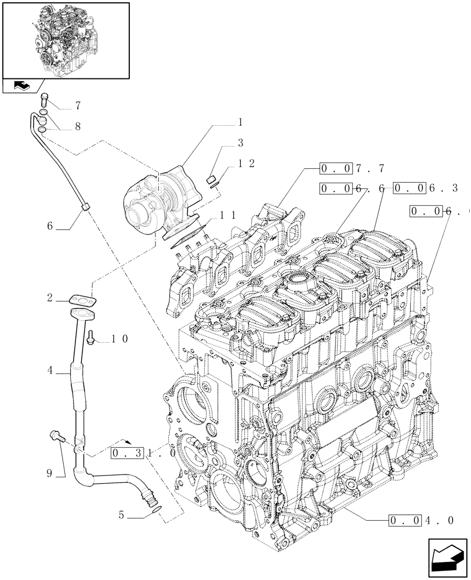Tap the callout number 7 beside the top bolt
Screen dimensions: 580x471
tap(77, 106)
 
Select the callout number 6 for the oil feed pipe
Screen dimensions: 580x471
tap(50, 227)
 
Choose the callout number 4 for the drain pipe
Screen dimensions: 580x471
tap(50, 368)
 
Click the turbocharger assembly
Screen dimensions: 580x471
tap(160, 197)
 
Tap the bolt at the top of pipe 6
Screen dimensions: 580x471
tap(45, 99)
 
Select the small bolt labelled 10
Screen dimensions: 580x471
tap(90, 338)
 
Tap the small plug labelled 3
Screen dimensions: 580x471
tap(212, 179)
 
